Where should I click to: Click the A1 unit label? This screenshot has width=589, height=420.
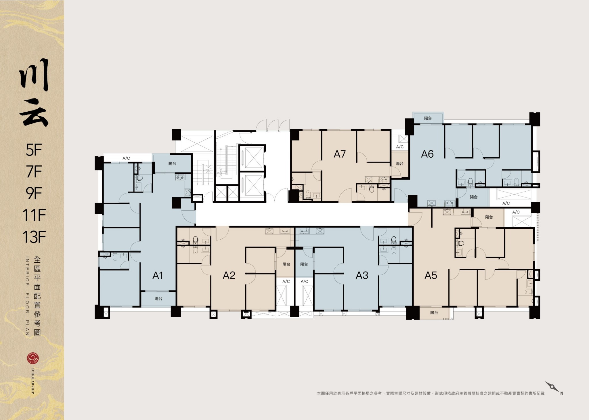[x=158, y=275]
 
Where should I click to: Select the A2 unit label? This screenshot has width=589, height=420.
[x=229, y=275]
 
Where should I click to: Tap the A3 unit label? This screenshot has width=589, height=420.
[x=362, y=275]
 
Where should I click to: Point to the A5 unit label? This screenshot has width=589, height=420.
[x=431, y=275]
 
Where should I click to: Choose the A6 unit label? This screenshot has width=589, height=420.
[x=427, y=154]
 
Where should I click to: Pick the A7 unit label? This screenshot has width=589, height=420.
[x=340, y=154]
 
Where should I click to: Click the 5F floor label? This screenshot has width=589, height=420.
[x=34, y=150]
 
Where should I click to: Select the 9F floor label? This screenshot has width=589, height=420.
[x=34, y=193]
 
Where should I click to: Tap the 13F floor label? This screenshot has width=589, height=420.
[x=34, y=237]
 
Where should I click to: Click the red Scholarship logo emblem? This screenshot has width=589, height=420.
[x=33, y=358]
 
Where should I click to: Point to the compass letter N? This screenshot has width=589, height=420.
[x=562, y=393]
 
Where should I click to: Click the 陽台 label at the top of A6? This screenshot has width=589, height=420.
[x=428, y=118]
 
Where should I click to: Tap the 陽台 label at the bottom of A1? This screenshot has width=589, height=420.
[x=158, y=299]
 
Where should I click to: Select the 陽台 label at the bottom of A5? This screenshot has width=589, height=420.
[x=434, y=312]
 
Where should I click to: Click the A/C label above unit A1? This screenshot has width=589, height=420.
[x=126, y=158]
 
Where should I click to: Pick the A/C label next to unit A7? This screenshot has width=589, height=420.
[x=400, y=147]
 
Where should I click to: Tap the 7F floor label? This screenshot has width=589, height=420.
[x=34, y=172]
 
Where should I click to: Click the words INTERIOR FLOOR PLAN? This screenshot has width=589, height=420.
[x=27, y=296]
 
